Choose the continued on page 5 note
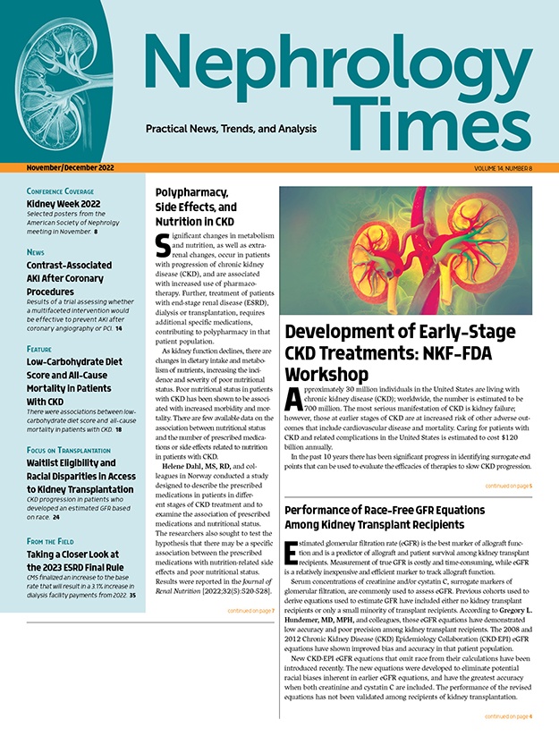[x=508, y=486]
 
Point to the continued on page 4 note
[x=508, y=716]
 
